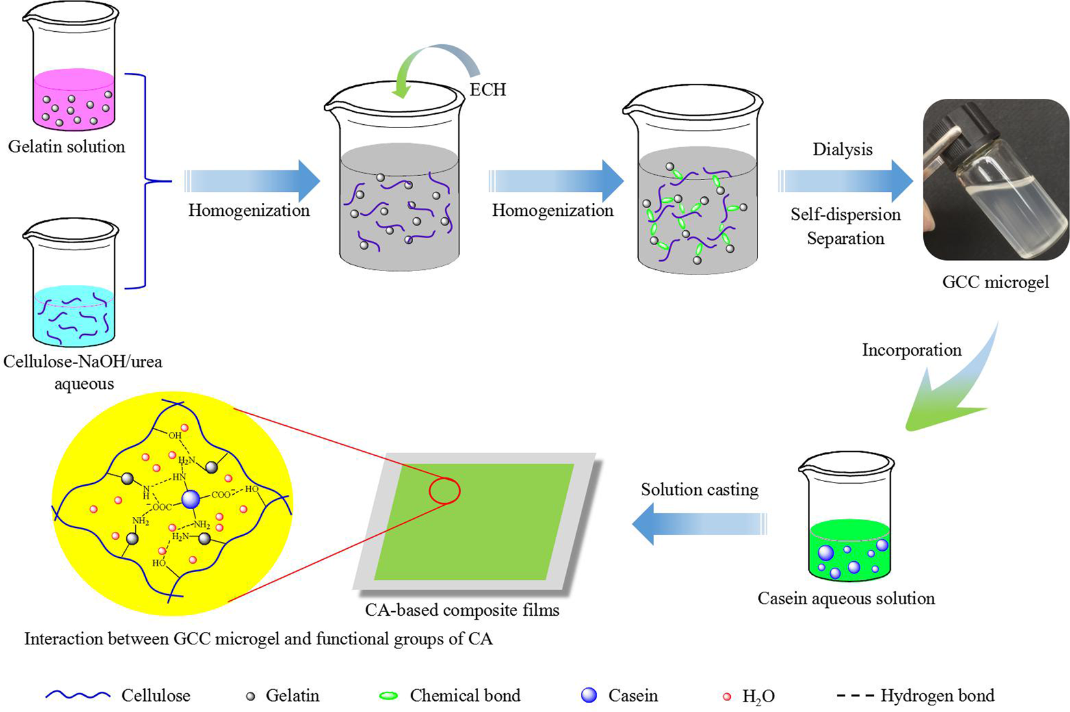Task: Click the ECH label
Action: [x=487, y=89]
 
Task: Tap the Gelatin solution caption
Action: [x=66, y=146]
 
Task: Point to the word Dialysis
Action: [x=842, y=150]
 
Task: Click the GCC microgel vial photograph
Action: [x=995, y=179]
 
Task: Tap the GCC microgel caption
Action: [x=995, y=282]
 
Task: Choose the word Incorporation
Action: [x=911, y=350]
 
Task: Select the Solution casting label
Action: [x=699, y=490]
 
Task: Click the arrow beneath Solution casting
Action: [x=699, y=524]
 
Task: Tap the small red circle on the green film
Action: [x=444, y=491]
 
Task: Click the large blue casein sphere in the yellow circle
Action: [x=191, y=499]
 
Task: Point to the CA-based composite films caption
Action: [x=462, y=610]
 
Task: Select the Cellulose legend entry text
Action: [x=156, y=696]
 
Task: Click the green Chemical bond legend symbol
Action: [x=389, y=696]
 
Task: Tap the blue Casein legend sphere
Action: [x=589, y=696]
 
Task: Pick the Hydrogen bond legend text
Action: [x=937, y=696]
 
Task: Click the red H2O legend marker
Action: [x=727, y=697]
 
